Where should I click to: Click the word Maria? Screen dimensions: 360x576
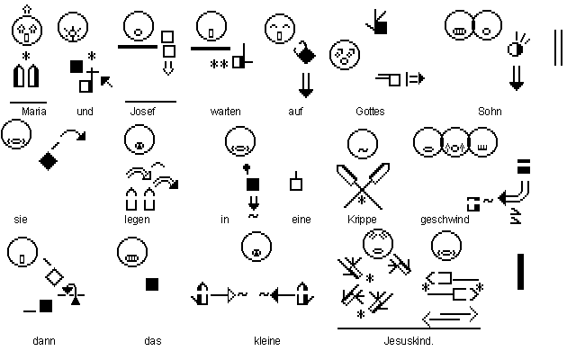click(34, 112)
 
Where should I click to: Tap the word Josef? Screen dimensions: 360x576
click(143, 112)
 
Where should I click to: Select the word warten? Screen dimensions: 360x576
click(224, 112)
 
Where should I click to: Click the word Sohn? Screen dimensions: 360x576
click(490, 112)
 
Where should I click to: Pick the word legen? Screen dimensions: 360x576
click(137, 219)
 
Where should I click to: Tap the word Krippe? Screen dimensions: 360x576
click(361, 219)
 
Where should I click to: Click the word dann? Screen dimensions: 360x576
click(43, 341)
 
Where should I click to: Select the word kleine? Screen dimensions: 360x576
click(267, 341)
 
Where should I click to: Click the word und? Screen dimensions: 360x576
click(85, 112)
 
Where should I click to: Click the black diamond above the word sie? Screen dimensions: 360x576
click(49, 161)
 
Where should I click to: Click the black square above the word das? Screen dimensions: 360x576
click(152, 284)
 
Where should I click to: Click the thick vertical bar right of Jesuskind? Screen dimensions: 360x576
click(521, 271)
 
